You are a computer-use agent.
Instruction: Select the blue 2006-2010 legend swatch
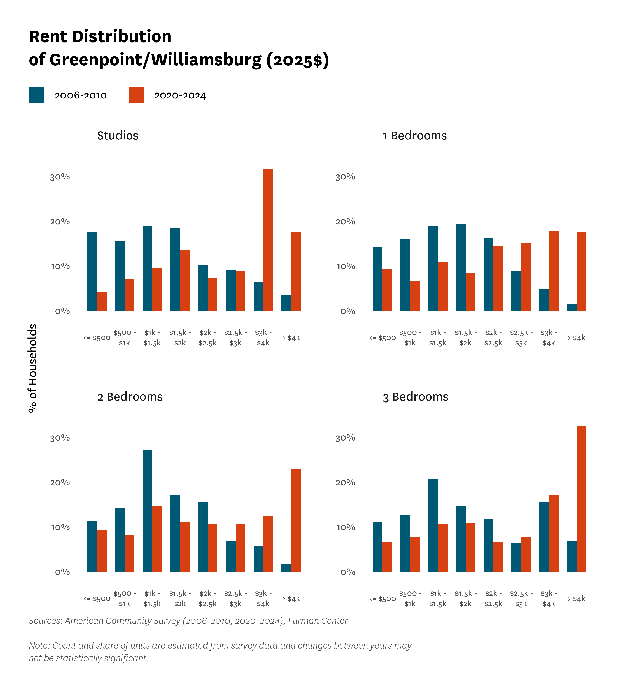pyautogui.click(x=37, y=95)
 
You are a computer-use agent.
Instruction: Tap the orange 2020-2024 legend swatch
pyautogui.click(x=137, y=95)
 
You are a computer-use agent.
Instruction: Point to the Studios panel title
pyautogui.click(x=118, y=136)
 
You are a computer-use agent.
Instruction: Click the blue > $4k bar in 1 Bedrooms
pyautogui.click(x=571, y=307)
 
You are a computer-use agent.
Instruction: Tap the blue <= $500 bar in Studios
pyautogui.click(x=92, y=271)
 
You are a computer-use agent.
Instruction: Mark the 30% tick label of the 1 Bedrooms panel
pyautogui.click(x=345, y=177)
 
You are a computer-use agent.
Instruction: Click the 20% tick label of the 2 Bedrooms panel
pyautogui.click(x=60, y=483)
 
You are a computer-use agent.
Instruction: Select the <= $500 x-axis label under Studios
pyautogui.click(x=97, y=338)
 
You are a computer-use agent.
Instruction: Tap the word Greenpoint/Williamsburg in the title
pyautogui.click(x=155, y=60)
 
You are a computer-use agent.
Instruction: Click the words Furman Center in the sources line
pyautogui.click(x=318, y=621)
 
